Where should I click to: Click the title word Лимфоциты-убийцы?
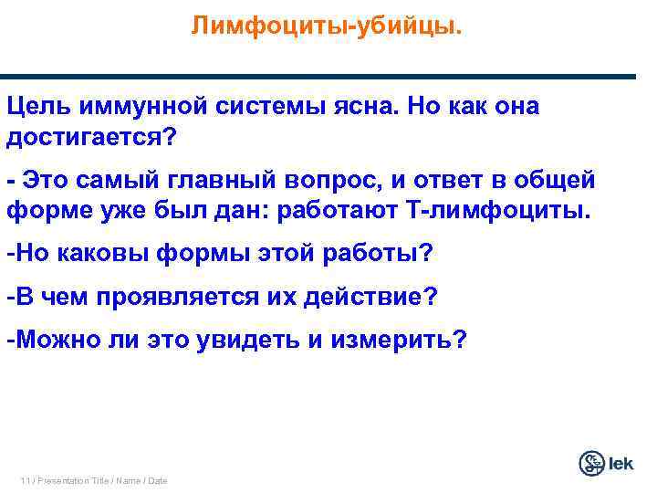[327, 26]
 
